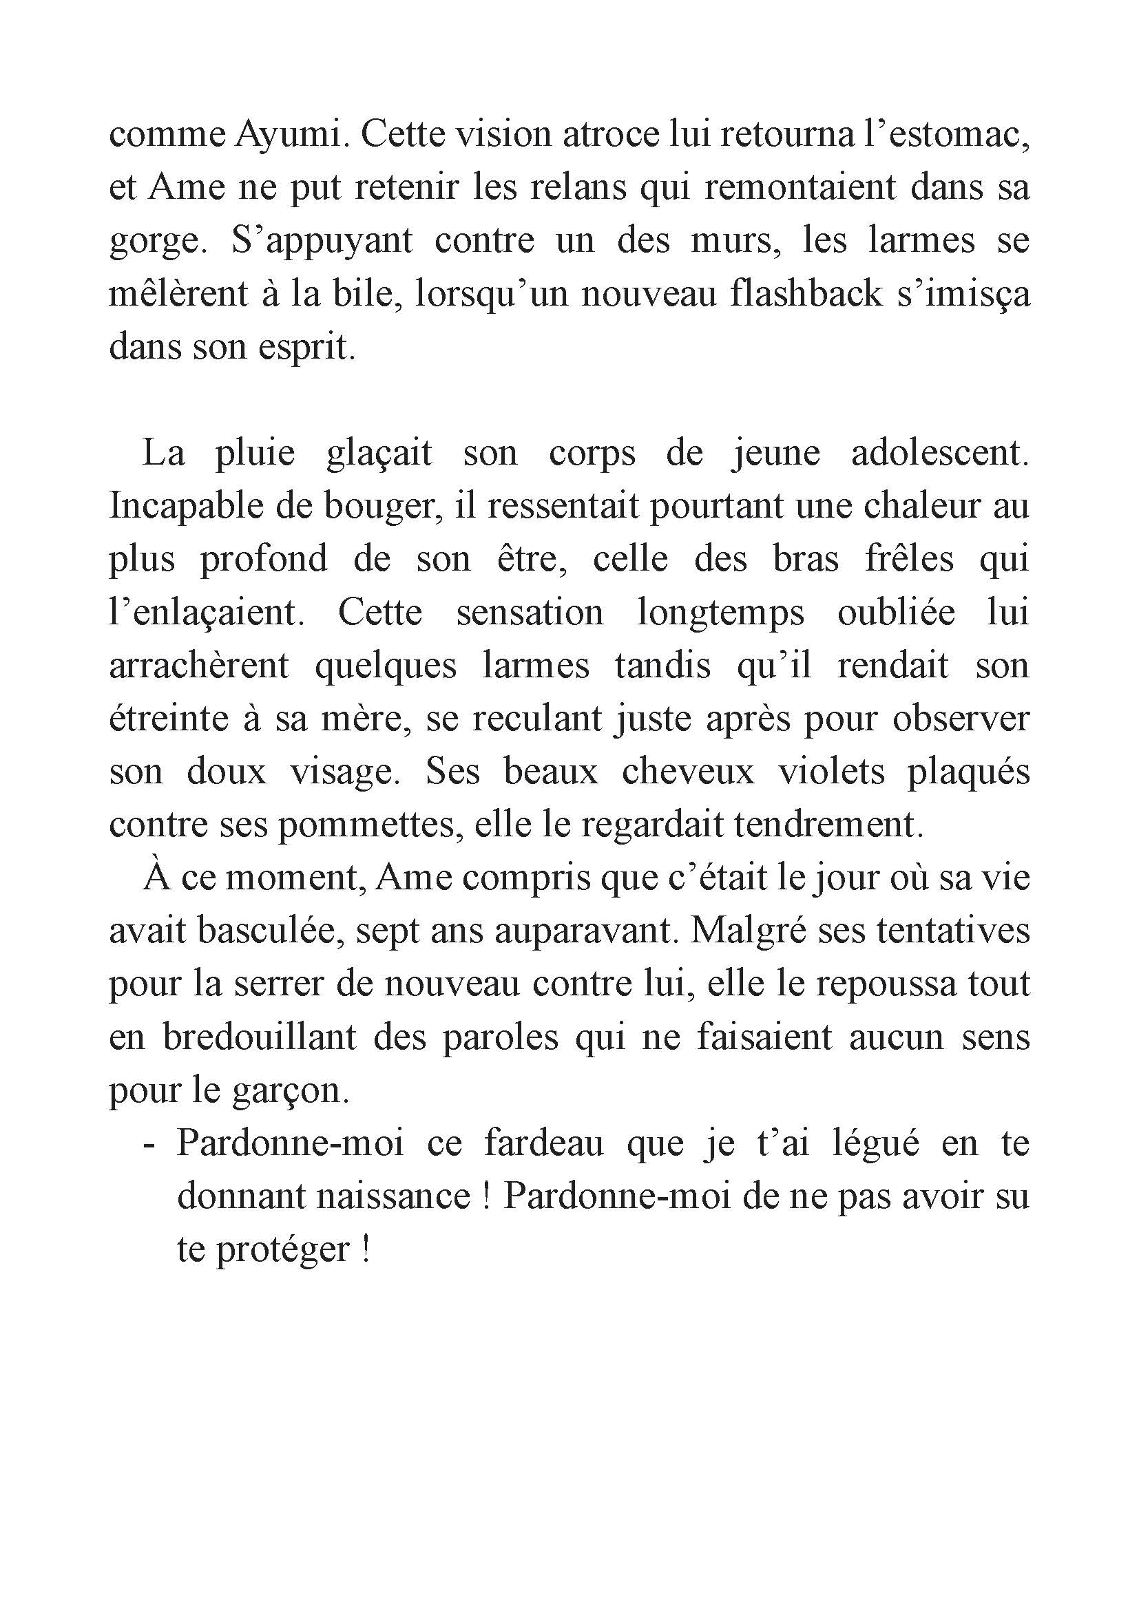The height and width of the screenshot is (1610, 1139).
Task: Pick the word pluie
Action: pos(255,453)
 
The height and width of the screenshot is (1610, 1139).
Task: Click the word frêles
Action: pos(909,559)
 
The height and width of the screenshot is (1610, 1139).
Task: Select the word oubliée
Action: pos(896,612)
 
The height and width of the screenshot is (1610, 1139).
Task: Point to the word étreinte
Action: pos(169,719)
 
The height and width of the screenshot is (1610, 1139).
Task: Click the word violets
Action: pos(831,772)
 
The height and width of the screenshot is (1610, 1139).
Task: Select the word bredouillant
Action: pos(260,1038)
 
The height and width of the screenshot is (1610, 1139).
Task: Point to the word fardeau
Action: pos(544,1145)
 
